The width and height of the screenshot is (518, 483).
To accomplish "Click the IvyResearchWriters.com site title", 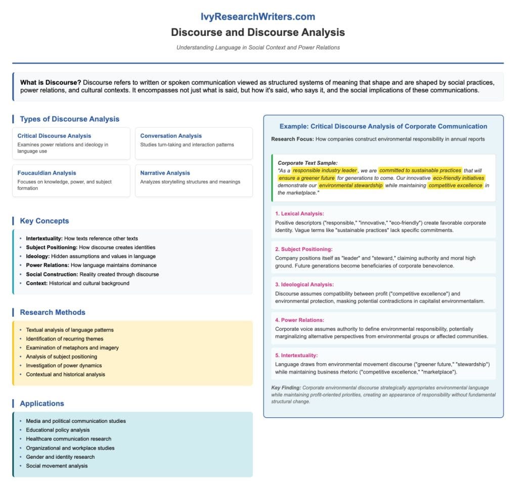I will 258,17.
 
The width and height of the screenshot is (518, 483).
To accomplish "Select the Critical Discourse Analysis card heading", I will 54,136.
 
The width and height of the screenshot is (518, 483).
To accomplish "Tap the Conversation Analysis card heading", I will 171,136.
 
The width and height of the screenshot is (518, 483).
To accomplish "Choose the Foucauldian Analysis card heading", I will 47,173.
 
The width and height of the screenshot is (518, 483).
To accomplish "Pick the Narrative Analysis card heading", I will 165,173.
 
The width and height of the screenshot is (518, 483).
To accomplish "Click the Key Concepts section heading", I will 45,221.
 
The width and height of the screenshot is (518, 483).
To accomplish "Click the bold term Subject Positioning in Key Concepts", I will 52,248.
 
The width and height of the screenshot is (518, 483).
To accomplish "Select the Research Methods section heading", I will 53,312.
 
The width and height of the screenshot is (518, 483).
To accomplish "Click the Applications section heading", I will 42,404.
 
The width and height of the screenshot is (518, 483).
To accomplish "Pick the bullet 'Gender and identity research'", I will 60,457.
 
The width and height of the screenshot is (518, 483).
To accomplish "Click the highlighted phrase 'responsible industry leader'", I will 325,171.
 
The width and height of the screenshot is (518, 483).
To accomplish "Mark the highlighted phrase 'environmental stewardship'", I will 351,185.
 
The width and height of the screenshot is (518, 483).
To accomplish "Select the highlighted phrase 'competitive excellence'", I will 455,185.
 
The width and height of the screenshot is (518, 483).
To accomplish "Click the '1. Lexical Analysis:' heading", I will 299,214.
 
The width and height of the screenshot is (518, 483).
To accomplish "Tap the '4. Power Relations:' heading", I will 300,320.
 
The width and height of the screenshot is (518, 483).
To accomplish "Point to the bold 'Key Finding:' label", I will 286,388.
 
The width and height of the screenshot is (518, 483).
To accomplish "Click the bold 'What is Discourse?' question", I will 51,82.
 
